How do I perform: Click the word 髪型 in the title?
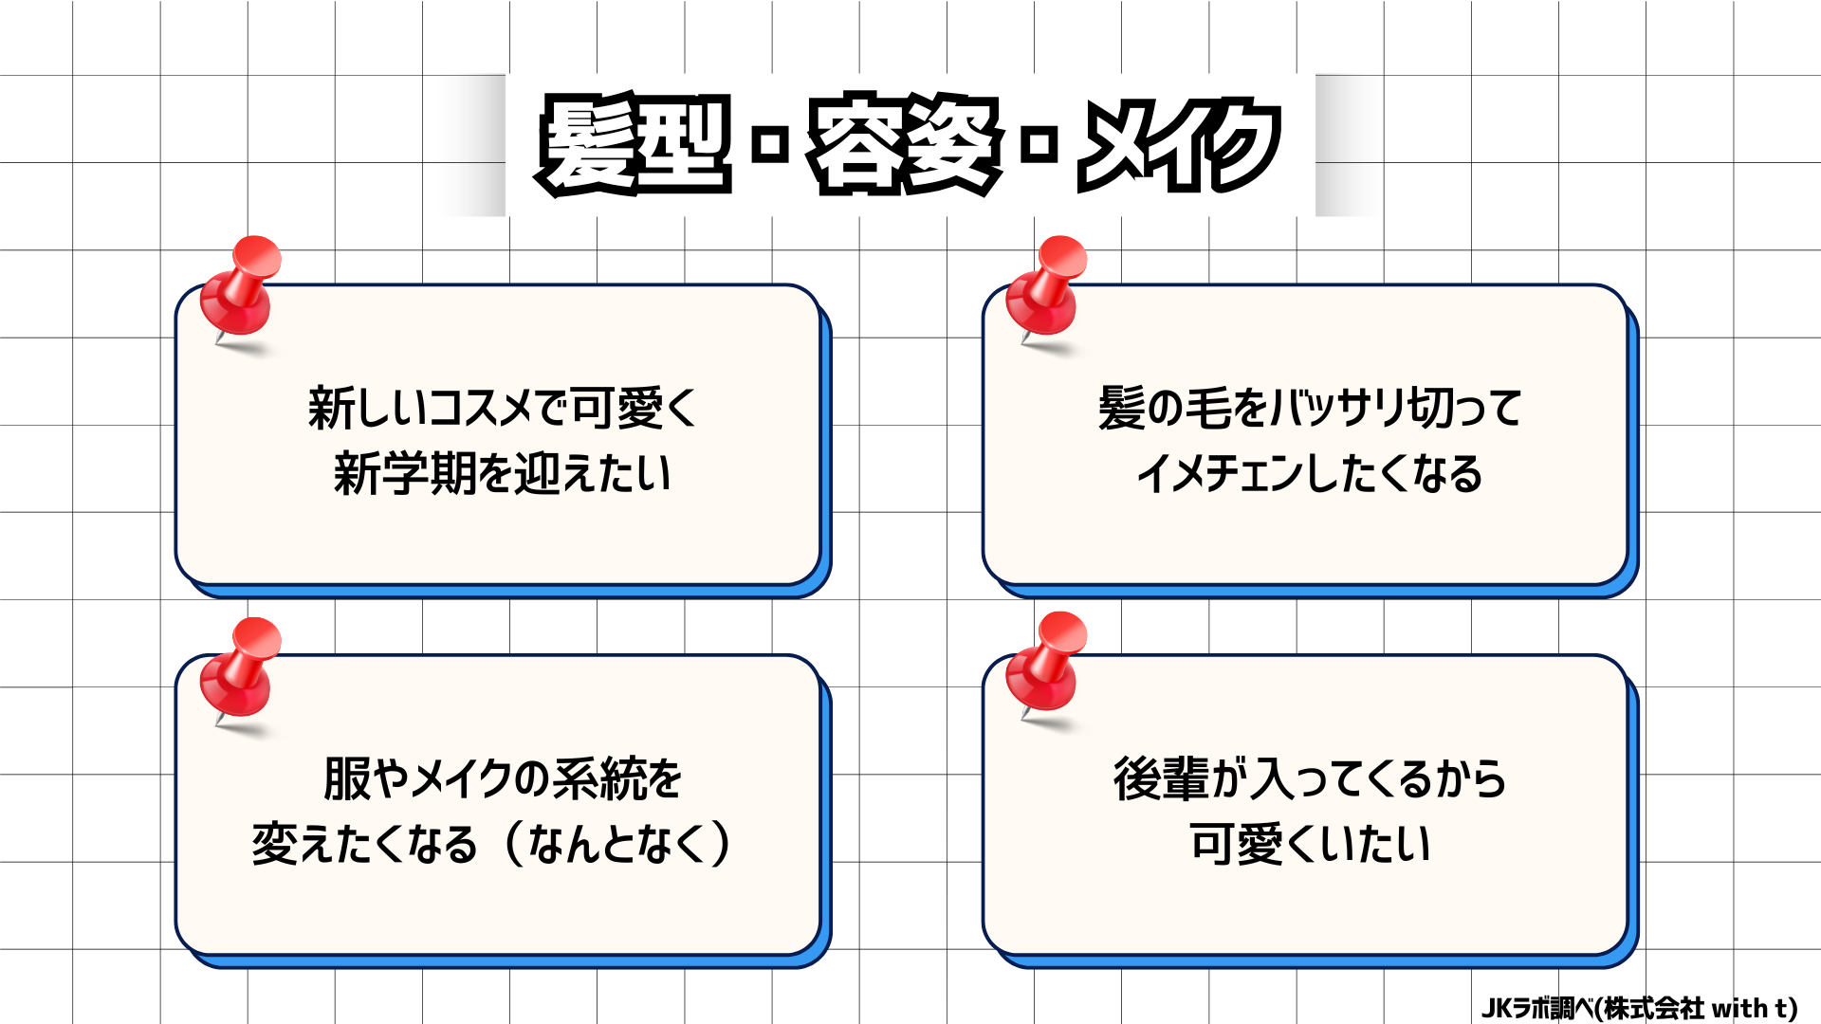pyautogui.click(x=634, y=144)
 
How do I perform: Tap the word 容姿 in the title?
pyautogui.click(x=905, y=144)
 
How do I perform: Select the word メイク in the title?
pyautogui.click(x=1179, y=144)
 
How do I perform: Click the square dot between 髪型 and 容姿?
pyautogui.click(x=770, y=145)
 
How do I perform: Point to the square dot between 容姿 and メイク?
pyautogui.click(x=1040, y=145)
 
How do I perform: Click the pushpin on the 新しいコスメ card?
pyautogui.click(x=241, y=289)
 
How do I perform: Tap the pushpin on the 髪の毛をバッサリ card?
pyautogui.click(x=1047, y=289)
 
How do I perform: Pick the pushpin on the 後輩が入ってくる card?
pyautogui.click(x=1047, y=665)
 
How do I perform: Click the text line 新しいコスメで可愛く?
pyautogui.click(x=503, y=409)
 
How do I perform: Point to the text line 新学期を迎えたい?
pyautogui.click(x=503, y=473)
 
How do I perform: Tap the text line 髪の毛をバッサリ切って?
pyautogui.click(x=1310, y=409)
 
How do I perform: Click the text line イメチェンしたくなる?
pyautogui.click(x=1310, y=473)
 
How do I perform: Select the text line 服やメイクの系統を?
pyautogui.click(x=503, y=779)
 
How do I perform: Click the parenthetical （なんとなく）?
pyautogui.click(x=617, y=844)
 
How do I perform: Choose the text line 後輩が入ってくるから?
pyautogui.click(x=1310, y=779)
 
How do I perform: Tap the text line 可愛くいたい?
pyautogui.click(x=1310, y=844)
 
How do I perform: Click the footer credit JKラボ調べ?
pyautogui.click(x=1536, y=1008)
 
